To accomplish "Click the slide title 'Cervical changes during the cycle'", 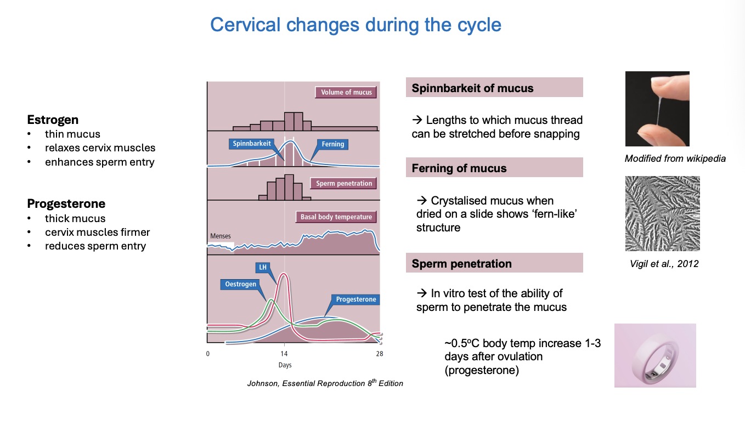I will (355, 25).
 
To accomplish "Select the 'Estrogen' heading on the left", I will (53, 120).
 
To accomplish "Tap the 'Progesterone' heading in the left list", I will (66, 203).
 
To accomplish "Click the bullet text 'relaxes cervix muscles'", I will (100, 148).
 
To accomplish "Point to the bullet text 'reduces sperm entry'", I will (95, 246).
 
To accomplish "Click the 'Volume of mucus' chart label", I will (346, 92).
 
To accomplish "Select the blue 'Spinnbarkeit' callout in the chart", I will (251, 144).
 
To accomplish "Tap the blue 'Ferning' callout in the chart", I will (332, 144).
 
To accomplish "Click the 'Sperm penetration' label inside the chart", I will (344, 183).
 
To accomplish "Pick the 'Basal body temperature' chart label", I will (336, 217).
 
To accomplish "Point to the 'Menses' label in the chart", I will (220, 236).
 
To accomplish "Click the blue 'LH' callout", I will (263, 268).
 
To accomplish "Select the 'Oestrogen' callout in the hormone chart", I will (240, 285).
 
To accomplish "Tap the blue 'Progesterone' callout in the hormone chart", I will (356, 299).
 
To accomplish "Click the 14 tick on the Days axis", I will (284, 354).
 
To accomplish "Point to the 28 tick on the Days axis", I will (379, 354).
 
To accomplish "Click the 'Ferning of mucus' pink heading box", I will (494, 168).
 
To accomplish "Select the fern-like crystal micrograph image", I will (662, 213).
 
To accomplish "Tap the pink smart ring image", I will (654, 355).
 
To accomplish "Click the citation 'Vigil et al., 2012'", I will (664, 264).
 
